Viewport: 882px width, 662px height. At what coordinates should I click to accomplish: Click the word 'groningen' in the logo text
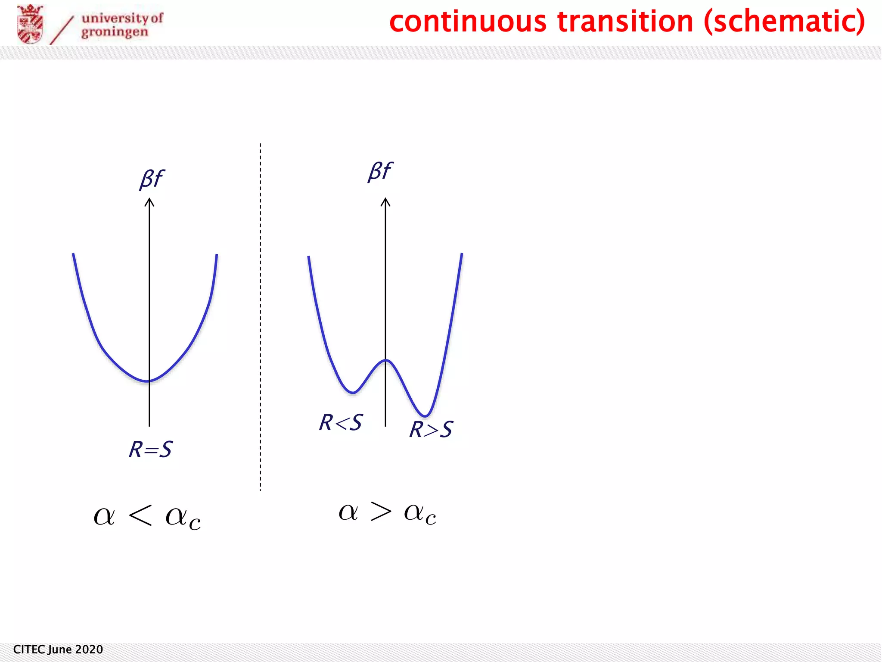(115, 32)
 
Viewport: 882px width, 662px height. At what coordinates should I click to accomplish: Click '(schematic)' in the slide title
(784, 22)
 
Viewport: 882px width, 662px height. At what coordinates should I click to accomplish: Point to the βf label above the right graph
(380, 171)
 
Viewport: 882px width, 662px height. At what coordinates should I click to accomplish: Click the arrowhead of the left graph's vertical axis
(149, 202)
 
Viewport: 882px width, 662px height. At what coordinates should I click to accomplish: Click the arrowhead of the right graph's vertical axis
(385, 202)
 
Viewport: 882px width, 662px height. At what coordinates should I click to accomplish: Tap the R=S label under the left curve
(151, 449)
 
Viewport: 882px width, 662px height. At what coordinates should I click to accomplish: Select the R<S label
(341, 422)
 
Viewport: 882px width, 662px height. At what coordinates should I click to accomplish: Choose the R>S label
(431, 429)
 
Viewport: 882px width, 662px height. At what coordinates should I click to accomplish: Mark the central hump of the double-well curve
(386, 360)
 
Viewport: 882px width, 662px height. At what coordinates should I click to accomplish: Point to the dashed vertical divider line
(261, 317)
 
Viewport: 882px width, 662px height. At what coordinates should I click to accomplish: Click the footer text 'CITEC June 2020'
(58, 650)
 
